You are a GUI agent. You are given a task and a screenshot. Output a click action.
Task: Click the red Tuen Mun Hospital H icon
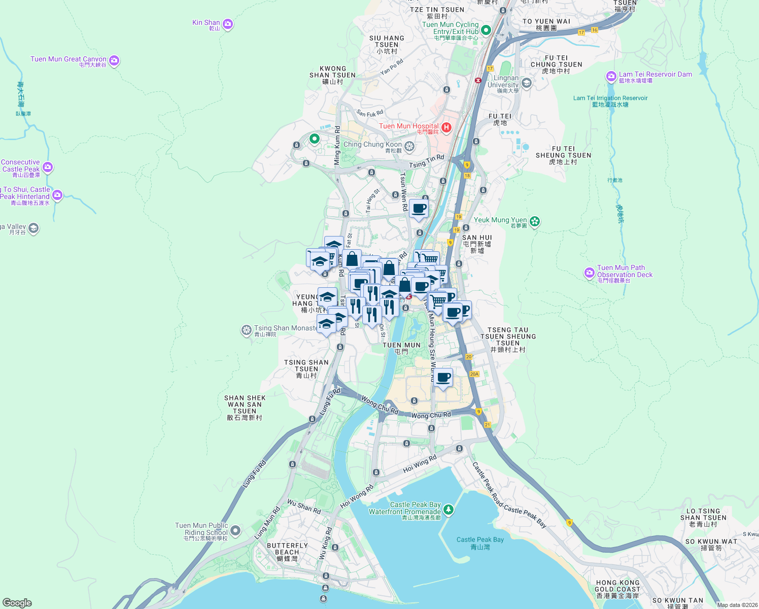(446, 127)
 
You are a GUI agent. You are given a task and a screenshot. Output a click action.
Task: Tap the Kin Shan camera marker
(228, 24)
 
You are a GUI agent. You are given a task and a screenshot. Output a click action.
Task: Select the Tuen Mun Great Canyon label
(68, 59)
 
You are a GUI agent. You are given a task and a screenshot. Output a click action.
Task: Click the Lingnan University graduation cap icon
(526, 83)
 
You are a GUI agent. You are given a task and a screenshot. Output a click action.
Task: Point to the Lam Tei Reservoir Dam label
(655, 75)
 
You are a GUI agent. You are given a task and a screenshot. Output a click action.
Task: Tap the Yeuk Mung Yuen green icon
(534, 221)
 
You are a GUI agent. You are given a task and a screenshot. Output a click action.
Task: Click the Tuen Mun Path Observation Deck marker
(589, 273)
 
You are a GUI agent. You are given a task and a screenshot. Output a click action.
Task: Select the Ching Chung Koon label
(372, 145)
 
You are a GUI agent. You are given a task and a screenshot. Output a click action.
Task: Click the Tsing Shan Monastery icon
(247, 330)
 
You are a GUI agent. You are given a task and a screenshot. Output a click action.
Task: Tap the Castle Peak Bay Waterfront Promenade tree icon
(448, 509)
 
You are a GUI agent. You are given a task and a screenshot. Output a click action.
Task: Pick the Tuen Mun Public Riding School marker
(235, 531)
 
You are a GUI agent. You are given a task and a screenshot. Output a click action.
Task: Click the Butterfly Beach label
(287, 549)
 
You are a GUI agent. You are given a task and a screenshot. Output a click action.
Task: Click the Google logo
(17, 603)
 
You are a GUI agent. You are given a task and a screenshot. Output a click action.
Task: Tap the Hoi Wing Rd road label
(420, 464)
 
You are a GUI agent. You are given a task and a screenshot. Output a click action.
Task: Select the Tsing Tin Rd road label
(427, 161)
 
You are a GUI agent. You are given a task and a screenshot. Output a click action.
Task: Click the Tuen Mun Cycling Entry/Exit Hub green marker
(486, 30)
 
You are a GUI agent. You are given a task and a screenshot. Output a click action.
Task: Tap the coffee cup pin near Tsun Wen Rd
(419, 209)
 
